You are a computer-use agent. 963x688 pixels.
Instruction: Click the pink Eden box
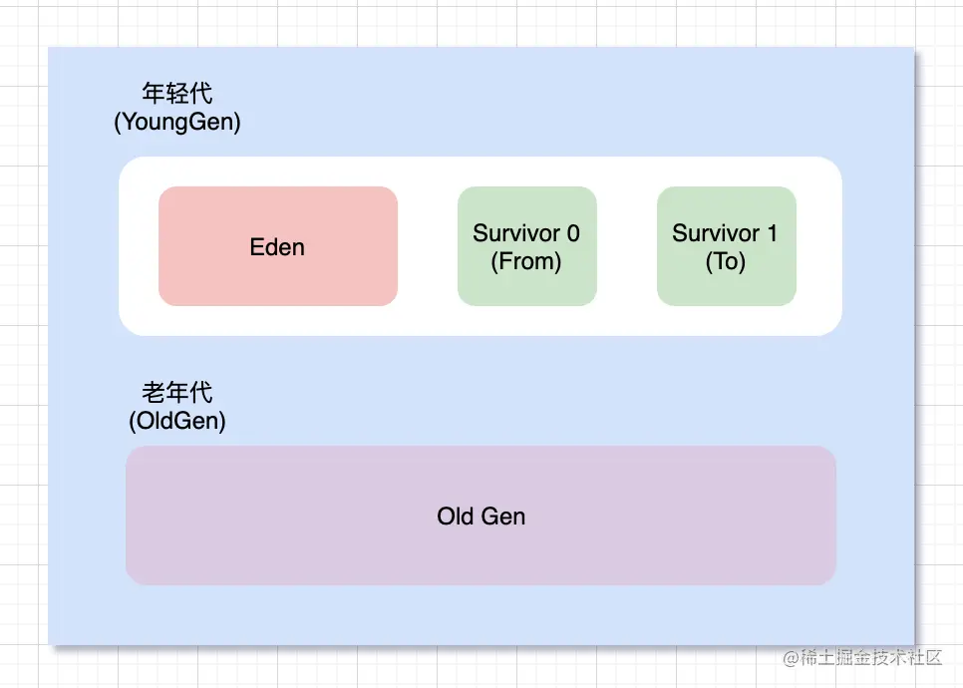(277, 245)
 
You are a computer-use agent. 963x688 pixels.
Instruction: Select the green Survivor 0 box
(527, 245)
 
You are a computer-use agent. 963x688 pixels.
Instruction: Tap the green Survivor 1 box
(727, 245)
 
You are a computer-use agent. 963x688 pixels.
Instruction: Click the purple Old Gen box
(481, 516)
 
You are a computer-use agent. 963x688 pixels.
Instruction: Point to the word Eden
(277, 247)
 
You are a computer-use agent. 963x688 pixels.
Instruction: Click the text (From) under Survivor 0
(526, 261)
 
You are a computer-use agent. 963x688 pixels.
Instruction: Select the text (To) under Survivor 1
(726, 261)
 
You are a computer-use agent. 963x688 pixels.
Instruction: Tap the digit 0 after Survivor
(573, 233)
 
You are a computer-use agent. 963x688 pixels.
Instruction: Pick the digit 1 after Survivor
(772, 233)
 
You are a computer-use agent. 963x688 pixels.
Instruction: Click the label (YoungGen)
(176, 122)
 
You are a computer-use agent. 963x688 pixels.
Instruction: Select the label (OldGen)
(176, 421)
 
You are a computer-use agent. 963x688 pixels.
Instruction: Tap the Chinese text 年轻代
(176, 94)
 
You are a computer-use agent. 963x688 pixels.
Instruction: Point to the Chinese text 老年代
(176, 392)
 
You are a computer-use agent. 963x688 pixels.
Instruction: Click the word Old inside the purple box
(456, 516)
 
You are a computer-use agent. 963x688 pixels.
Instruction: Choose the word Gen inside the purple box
(503, 516)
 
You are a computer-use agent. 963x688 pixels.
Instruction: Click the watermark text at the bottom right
(862, 657)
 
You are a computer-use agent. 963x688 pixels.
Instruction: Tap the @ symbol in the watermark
(792, 658)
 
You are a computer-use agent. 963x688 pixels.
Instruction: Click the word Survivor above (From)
(516, 233)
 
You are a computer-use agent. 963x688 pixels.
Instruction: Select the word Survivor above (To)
(716, 233)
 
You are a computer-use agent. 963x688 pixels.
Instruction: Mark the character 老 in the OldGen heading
(153, 392)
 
